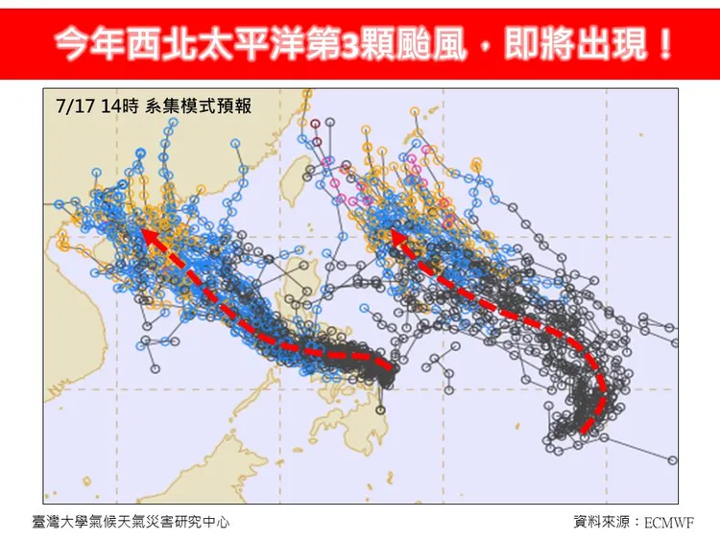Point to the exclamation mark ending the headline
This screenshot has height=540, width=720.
click(x=663, y=43)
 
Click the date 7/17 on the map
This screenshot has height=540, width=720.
click(x=77, y=106)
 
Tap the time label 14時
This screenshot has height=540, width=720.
click(x=122, y=106)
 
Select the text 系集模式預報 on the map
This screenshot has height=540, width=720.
click(x=198, y=106)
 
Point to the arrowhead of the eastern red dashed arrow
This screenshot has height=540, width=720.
click(x=393, y=233)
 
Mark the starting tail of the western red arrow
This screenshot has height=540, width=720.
click(x=392, y=366)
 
